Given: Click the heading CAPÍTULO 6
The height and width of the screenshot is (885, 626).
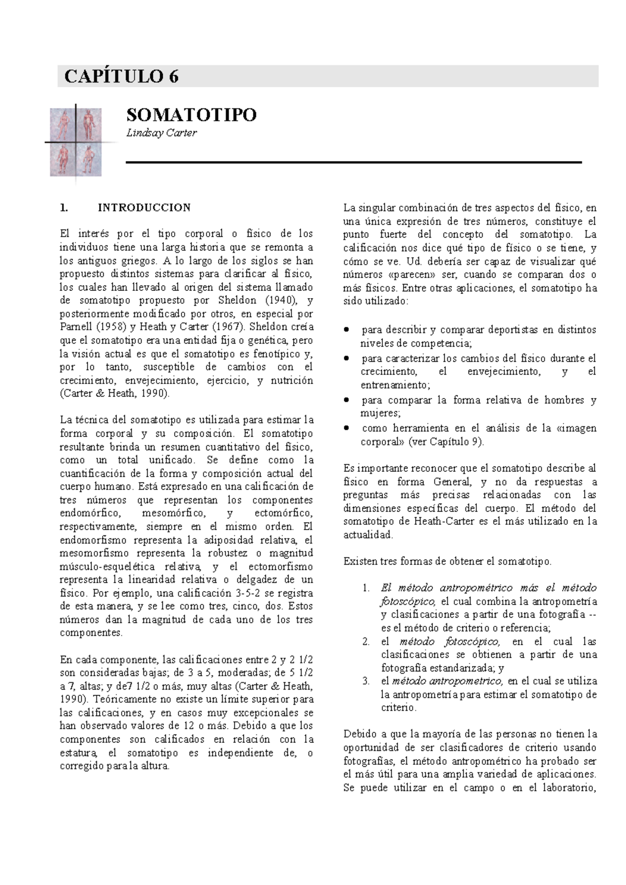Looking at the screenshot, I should coord(121,77).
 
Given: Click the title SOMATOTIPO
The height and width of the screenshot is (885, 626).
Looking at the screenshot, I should coord(191,115).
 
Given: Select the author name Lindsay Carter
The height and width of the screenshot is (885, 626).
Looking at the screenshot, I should coord(161,133).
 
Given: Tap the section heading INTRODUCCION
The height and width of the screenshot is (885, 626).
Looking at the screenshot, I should coord(144,207).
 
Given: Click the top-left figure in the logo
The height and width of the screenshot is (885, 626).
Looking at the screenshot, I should coord(63,124).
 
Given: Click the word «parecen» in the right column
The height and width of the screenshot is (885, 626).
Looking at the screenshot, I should coord(412,275).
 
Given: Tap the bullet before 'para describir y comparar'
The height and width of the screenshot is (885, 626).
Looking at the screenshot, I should coord(346,330).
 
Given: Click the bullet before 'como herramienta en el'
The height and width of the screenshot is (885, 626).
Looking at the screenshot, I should coord(346,428).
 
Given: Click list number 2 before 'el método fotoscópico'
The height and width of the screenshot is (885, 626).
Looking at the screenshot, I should coord(366,642).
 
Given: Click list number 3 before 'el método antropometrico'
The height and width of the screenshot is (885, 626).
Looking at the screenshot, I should coord(366,681).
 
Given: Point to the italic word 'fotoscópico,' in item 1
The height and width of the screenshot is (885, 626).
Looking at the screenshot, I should coord(407,601).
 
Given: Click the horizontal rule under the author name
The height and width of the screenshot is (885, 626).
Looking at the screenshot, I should coord(354,163).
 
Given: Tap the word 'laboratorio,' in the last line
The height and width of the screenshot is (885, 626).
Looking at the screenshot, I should coord(569,788).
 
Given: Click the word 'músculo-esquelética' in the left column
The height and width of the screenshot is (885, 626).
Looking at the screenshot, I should coord(107,567).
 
